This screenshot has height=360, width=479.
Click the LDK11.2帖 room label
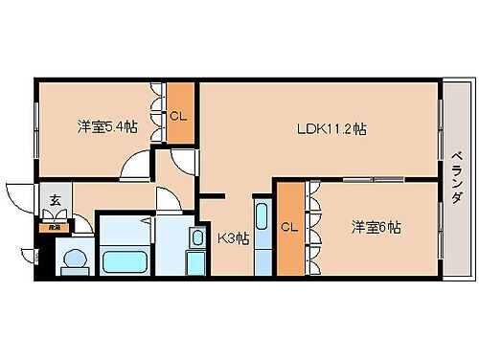332,128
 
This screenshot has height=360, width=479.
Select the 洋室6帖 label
375,227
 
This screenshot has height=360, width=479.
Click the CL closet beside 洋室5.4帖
177,116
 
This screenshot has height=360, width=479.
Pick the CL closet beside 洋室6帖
288,228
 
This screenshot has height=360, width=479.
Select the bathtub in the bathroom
124,260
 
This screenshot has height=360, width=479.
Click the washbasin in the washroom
197,237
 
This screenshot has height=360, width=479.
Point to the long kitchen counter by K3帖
262,237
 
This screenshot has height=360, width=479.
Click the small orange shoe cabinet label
44,228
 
